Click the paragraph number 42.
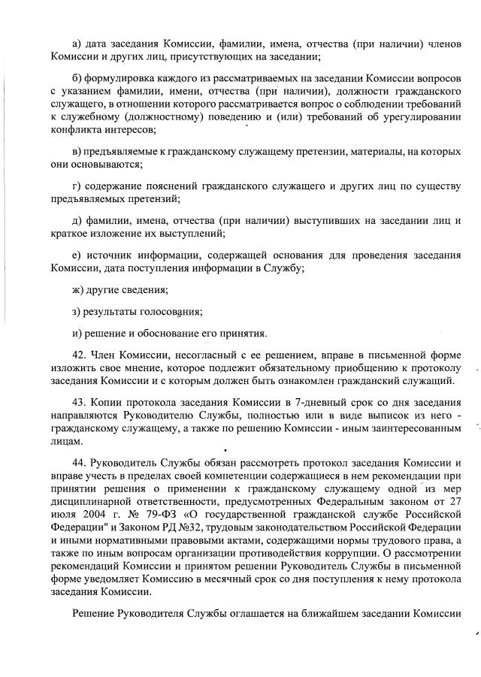(x=80, y=355)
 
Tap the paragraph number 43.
(x=80, y=402)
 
